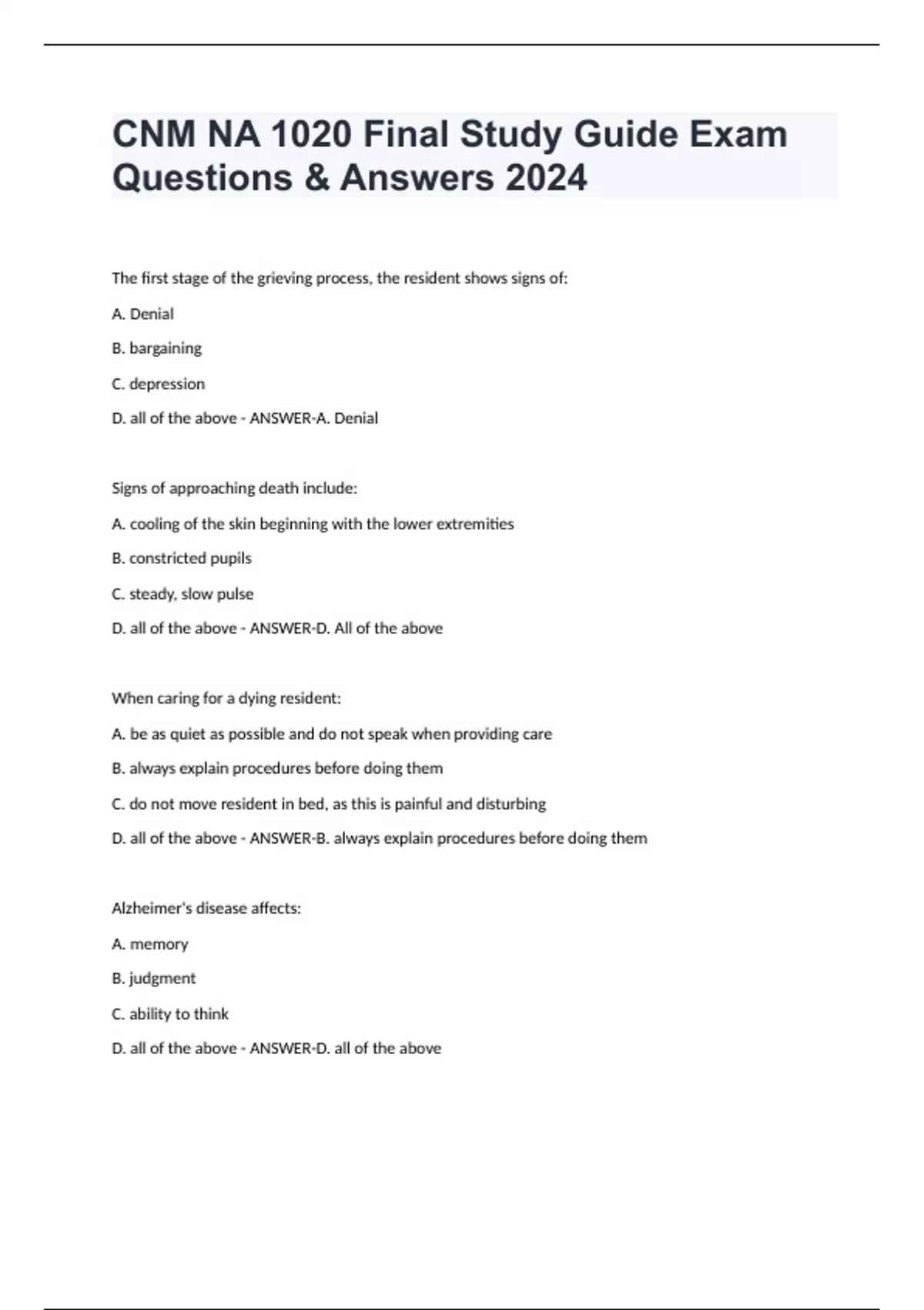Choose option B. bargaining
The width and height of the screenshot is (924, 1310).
tap(157, 348)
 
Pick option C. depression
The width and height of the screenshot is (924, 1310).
tap(159, 384)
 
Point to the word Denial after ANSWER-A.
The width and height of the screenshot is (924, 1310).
tap(356, 418)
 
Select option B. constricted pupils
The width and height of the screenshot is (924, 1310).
tap(182, 559)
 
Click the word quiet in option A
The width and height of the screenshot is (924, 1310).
tap(189, 734)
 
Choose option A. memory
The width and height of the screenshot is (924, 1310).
tap(150, 944)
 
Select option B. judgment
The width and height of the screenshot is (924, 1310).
tap(154, 979)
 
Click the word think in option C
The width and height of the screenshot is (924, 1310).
tap(212, 1014)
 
